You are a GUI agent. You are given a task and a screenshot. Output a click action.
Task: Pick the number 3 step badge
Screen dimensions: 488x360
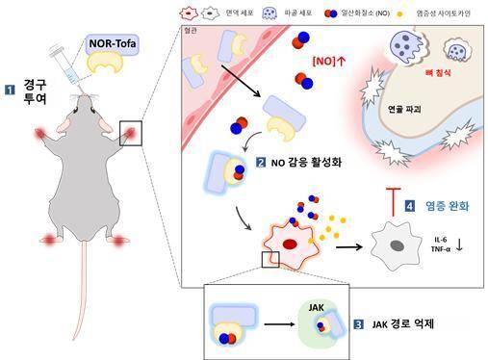[x=358, y=324]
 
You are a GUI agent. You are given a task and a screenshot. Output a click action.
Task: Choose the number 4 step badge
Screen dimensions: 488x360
[x=409, y=204]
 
